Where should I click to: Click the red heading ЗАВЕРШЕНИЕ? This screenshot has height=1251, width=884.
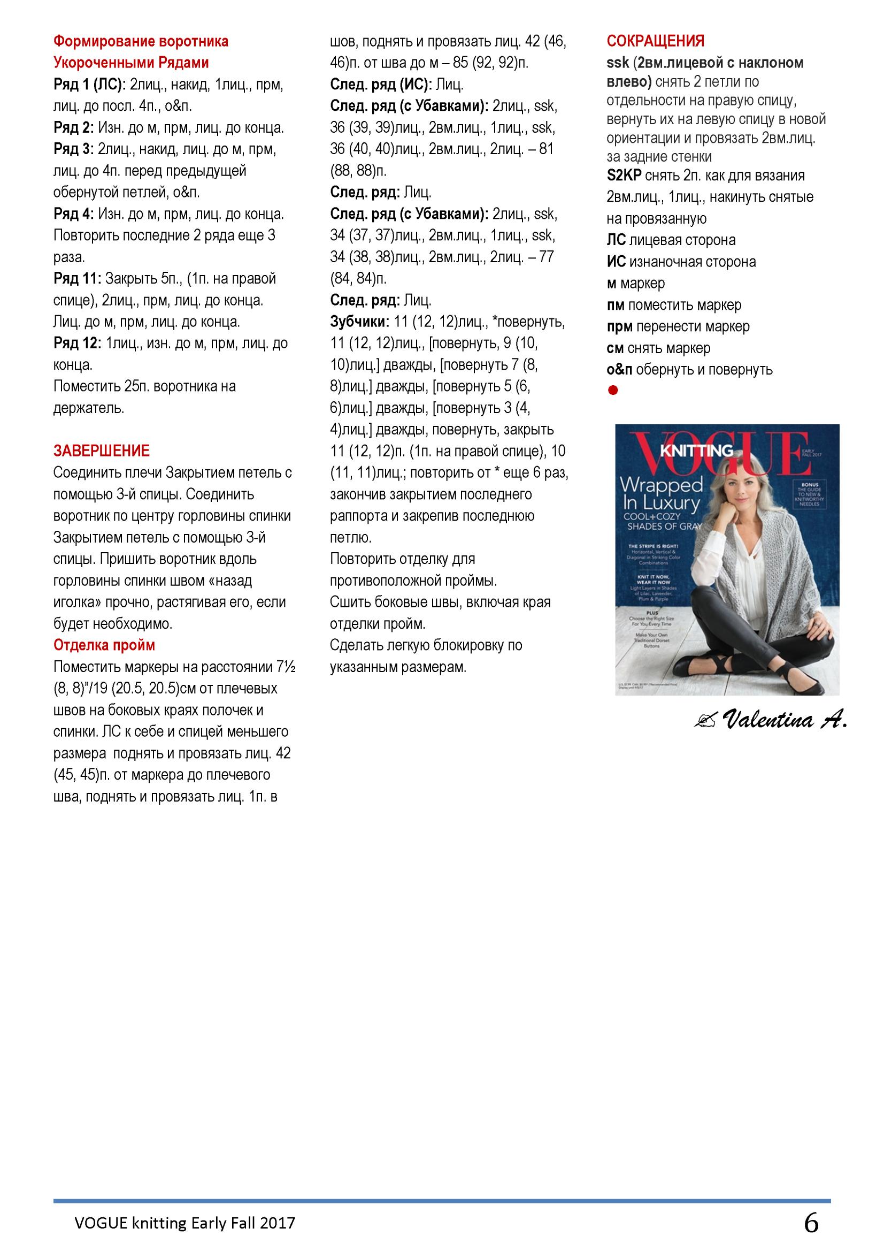tap(101, 451)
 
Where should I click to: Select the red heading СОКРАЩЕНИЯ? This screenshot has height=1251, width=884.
tap(655, 41)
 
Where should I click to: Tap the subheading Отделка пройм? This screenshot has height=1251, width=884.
tap(104, 645)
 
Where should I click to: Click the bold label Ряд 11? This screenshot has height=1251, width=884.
tap(78, 278)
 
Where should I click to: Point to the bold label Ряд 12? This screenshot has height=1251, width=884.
tap(78, 344)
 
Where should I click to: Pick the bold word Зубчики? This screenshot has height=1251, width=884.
tap(359, 322)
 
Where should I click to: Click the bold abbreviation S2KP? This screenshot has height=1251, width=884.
tap(624, 176)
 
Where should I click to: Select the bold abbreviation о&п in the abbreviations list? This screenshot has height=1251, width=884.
tap(619, 369)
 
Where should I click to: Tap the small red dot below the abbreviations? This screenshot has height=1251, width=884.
tap(613, 390)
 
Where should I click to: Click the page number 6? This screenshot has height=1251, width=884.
tap(811, 1223)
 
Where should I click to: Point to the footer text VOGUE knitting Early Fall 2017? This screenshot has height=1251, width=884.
tap(185, 1224)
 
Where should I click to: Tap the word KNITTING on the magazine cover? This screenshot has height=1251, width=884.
tap(697, 451)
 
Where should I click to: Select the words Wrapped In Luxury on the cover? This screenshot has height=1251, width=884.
tap(660, 493)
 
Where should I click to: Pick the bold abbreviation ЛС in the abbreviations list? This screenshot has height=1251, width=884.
tap(616, 240)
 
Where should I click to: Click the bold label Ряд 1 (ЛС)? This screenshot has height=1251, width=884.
tap(90, 85)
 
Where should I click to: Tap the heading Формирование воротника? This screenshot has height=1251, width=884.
tap(141, 41)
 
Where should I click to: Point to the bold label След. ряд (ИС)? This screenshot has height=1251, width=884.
tap(381, 85)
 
